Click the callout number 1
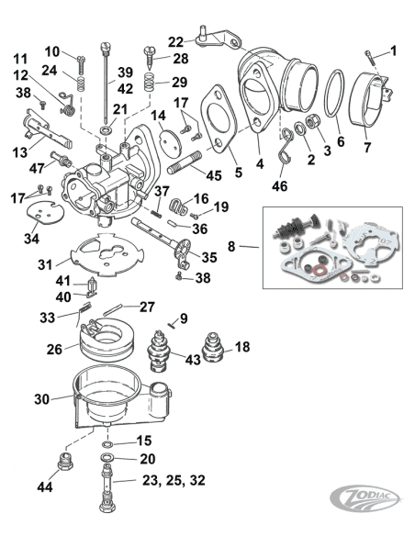tap(393, 50)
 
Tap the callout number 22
tap(175, 40)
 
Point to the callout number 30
tap(41, 398)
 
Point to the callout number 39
tap(125, 72)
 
